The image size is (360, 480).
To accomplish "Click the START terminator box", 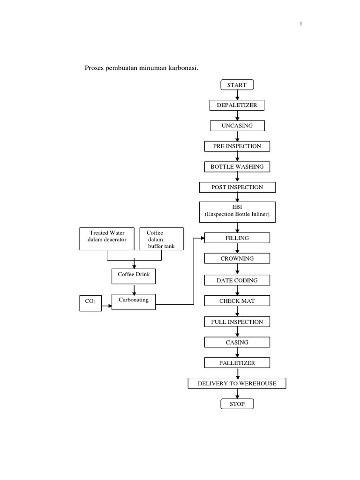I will (237, 85).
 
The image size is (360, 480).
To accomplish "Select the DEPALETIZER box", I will (237, 105).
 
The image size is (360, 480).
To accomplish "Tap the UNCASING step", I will (237, 126).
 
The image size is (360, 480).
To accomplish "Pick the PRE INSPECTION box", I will (237, 146).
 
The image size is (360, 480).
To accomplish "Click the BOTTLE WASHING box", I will (237, 166).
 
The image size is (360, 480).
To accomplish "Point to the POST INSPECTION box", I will (237, 187).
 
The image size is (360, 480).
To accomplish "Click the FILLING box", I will (237, 238).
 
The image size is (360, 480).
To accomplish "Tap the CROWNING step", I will (237, 258).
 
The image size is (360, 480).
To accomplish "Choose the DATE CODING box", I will (237, 280).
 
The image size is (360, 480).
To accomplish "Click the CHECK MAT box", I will (237, 301).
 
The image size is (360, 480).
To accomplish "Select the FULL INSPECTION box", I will (237, 322).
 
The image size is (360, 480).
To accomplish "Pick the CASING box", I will (237, 342).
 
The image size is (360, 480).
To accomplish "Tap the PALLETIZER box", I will (237, 363).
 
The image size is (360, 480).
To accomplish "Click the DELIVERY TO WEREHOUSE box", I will (237, 383).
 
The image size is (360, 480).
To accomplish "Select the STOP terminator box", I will (237, 404).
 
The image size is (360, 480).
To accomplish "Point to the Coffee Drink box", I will (134, 275).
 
